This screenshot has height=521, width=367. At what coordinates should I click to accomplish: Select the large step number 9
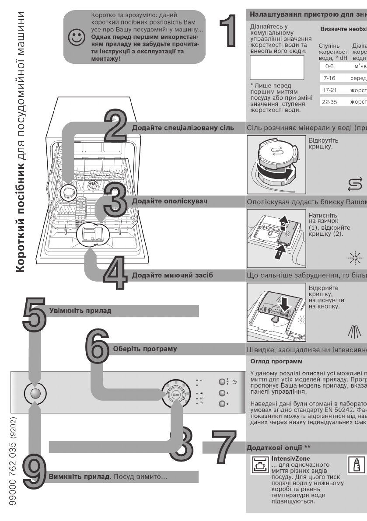click(34, 472)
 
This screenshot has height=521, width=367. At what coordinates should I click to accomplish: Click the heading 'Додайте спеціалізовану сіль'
click(183, 127)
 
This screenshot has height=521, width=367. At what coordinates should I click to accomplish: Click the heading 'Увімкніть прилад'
click(80, 311)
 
